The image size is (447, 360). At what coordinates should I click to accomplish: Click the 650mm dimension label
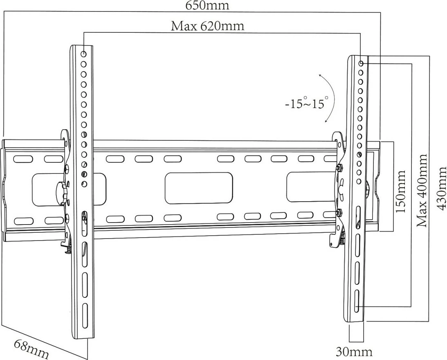pyautogui.click(x=207, y=5)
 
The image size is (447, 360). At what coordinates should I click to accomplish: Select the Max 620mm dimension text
pyautogui.click(x=207, y=27)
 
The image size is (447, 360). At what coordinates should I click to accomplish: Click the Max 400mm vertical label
pyautogui.click(x=421, y=191)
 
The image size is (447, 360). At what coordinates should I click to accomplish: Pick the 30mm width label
pyautogui.click(x=354, y=351)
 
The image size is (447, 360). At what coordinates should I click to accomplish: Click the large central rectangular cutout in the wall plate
pyautogui.click(x=199, y=188)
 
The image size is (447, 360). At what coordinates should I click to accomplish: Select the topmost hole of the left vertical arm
pyautogui.click(x=83, y=54)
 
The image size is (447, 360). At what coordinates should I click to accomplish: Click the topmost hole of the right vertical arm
pyautogui.click(x=361, y=63)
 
